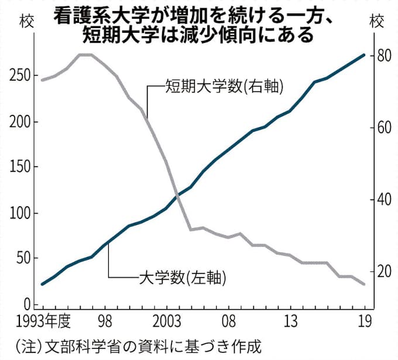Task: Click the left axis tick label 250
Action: point(19,76)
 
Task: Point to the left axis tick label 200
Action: point(19,122)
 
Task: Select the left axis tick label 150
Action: point(19,167)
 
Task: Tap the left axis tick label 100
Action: point(19,212)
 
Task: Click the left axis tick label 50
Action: point(23,258)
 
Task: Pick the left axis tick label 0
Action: point(27,304)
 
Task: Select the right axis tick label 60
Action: point(383,128)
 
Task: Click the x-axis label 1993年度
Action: point(44,321)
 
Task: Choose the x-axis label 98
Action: point(105,321)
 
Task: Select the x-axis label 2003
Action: point(166,321)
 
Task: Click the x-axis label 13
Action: point(291,321)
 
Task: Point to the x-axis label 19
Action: point(364,321)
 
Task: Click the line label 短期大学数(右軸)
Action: point(216,87)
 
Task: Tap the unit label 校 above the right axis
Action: point(378,22)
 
